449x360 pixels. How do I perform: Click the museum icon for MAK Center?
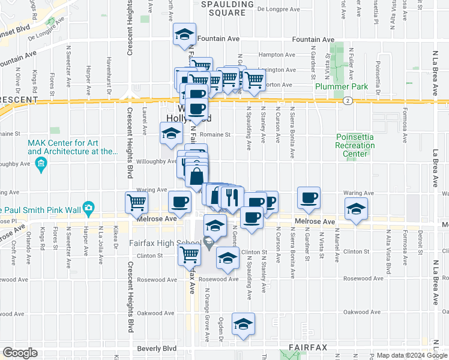tap(41, 164)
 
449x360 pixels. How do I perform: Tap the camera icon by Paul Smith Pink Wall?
tap(89, 208)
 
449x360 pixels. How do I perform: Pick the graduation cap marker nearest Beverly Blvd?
tap(243, 325)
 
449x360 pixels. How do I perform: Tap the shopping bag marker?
tap(196, 176)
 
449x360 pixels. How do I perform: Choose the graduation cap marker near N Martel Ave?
tap(356, 210)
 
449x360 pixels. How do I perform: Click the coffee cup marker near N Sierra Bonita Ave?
tap(309, 198)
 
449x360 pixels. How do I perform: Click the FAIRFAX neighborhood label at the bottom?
tap(306, 347)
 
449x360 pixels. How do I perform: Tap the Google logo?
tap(19, 353)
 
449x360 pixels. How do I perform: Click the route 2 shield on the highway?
tap(348, 101)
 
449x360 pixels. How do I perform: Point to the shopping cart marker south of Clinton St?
tap(190, 255)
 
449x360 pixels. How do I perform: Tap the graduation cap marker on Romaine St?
tap(170, 133)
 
